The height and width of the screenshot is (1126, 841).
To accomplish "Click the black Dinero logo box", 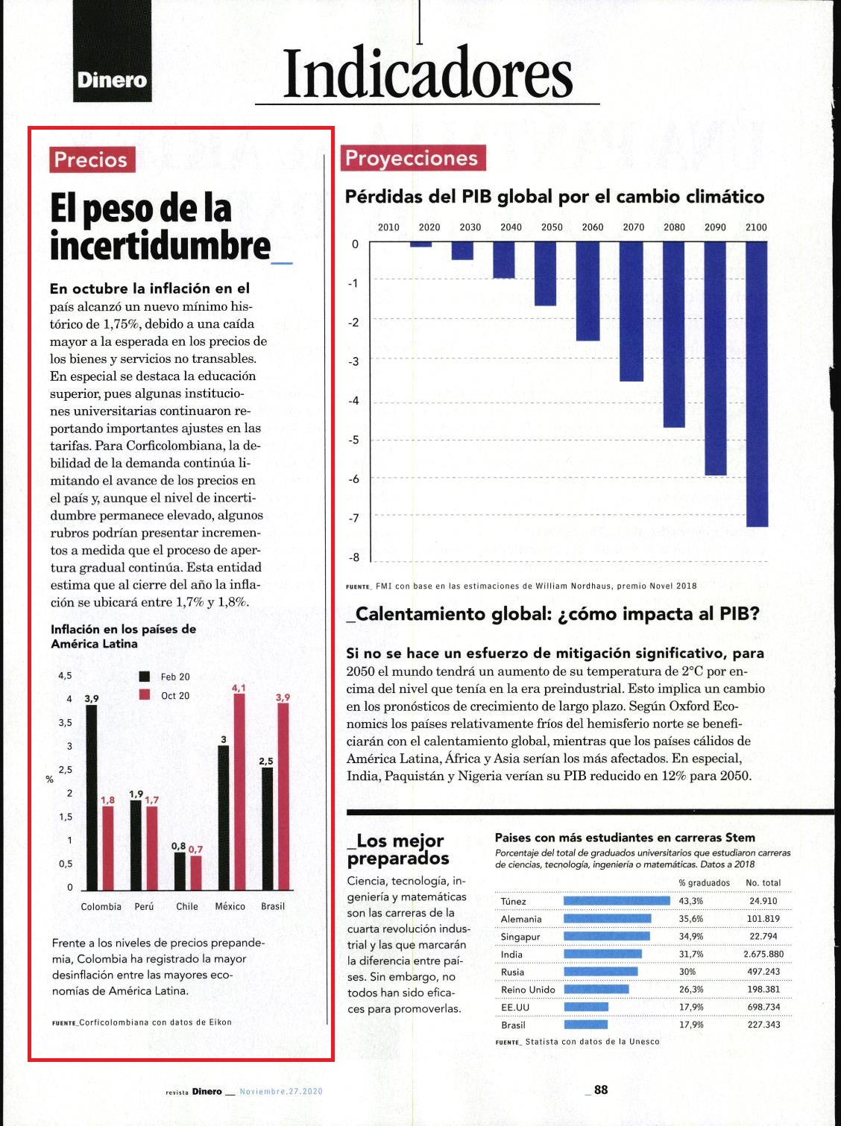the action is point(113,51).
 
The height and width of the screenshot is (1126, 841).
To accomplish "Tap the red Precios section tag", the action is point(92,159).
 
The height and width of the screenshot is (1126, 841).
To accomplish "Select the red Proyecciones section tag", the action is point(413,158).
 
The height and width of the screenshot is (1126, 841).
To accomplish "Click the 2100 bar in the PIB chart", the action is point(756,385).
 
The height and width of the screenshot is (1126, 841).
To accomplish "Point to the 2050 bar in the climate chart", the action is point(546,274).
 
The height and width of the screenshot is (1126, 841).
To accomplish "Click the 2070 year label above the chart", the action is point(633,227).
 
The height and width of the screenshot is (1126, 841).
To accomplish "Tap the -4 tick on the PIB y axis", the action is point(354,401).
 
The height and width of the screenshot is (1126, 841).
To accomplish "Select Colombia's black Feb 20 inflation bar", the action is point(92,797).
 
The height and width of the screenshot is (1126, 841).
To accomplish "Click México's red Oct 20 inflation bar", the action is point(239,792).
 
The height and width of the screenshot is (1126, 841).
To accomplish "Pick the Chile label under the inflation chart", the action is point(187,906).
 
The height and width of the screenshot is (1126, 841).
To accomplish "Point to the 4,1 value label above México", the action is point(239,688).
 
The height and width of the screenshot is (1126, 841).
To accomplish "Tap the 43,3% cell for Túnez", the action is point(690,901).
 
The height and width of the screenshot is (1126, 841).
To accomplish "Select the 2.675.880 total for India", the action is point(763,954).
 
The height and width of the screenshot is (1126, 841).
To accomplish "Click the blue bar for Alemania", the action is point(608,919).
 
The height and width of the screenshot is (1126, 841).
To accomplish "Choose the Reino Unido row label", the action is point(528,990).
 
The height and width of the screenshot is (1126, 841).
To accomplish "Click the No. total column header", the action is point(763,883).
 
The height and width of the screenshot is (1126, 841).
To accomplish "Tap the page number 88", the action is point(600,1089).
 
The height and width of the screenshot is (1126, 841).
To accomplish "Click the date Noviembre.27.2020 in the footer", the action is point(281,1092).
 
